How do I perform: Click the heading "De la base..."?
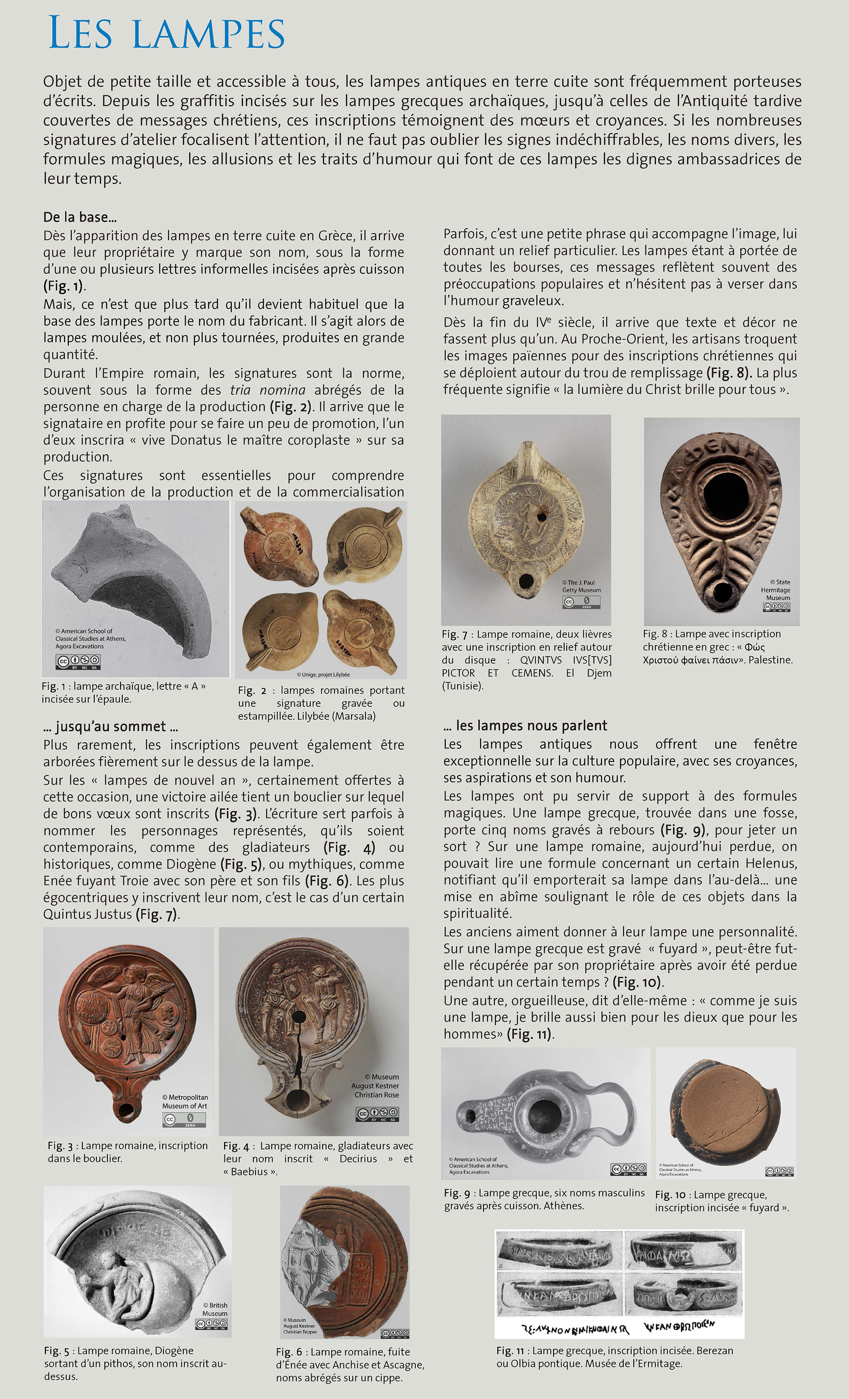coord(80,217)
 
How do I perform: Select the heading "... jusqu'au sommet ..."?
coord(111,726)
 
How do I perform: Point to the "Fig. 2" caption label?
coord(252,691)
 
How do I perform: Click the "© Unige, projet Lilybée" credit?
coord(323,674)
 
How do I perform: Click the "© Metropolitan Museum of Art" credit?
coord(185,1101)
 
